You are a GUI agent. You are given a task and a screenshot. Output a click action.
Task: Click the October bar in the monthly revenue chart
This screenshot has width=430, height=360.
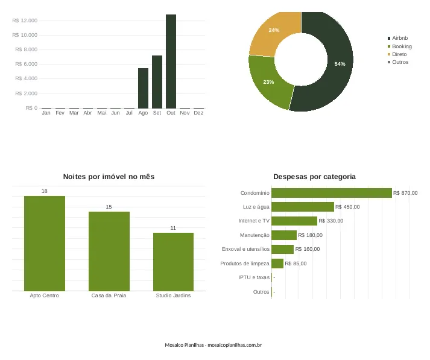(171, 62)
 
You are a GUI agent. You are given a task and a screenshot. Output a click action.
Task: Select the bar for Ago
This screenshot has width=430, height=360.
(143, 88)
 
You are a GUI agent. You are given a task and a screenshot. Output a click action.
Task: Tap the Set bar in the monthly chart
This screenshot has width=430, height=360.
(157, 82)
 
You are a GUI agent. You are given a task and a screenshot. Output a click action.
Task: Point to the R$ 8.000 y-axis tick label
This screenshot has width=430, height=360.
(27, 49)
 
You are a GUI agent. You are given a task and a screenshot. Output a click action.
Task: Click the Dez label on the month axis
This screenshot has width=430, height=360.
(198, 113)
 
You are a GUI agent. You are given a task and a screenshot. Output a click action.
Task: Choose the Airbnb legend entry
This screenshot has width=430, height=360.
(397, 38)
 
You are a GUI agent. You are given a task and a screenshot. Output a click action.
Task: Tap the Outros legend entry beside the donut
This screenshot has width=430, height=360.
(398, 62)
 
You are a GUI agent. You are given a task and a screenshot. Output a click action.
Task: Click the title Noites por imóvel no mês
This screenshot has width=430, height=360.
(109, 177)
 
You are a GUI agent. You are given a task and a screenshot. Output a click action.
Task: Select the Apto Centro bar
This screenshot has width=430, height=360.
(45, 244)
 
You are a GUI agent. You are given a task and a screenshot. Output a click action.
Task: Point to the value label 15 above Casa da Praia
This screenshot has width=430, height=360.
(109, 207)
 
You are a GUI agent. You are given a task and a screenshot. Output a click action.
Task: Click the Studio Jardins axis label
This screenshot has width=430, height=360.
(173, 295)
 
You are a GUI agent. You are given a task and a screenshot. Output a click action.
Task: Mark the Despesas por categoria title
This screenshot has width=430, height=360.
(315, 177)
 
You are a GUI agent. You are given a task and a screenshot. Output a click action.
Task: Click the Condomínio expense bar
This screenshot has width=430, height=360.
(332, 193)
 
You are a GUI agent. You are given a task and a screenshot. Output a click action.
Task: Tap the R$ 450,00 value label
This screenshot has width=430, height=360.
(347, 207)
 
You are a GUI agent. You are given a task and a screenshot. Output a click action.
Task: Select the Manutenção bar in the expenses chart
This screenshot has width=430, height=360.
(284, 235)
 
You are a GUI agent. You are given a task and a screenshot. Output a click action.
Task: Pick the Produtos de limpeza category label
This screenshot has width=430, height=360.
(245, 264)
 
